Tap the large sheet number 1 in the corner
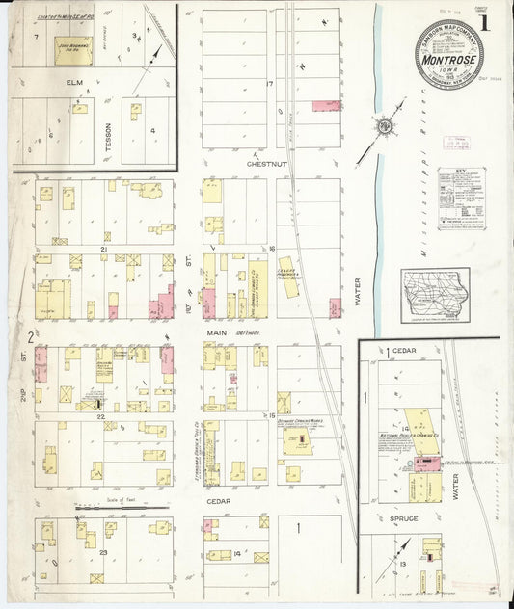492,20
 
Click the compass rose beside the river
384,125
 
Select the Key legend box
461,199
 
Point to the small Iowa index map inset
435,294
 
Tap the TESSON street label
108,130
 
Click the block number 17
271,84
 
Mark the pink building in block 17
326,105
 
